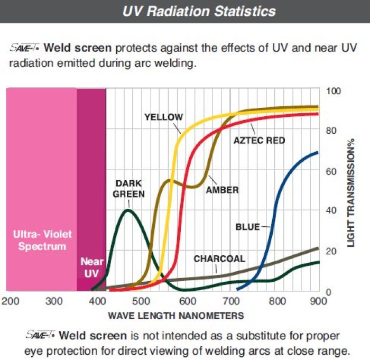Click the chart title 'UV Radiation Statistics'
[199, 11]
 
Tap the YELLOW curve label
[163, 117]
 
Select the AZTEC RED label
[259, 141]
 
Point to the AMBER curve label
[221, 190]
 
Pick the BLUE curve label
[248, 227]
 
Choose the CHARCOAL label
[219, 259]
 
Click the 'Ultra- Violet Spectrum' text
[42, 240]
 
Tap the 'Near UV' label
[91, 267]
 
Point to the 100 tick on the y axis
[335, 91]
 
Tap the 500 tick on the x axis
[141, 301]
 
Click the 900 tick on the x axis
[318, 301]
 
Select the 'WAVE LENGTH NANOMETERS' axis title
[176, 316]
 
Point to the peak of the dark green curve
[127, 210]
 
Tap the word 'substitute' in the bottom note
[264, 336]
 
